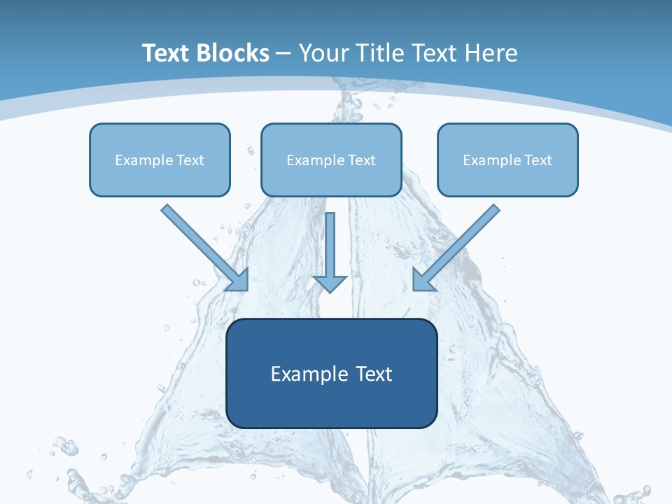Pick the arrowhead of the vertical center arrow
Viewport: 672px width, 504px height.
[x=330, y=283]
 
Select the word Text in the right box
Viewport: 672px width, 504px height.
[x=538, y=160]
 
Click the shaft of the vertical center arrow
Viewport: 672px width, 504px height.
[x=330, y=241]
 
